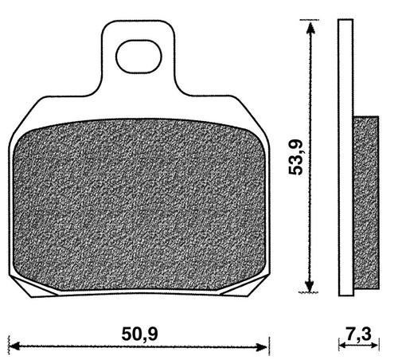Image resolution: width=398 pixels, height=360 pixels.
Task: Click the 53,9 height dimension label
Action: [295, 157]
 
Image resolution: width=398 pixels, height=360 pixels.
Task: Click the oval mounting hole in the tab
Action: [139, 57]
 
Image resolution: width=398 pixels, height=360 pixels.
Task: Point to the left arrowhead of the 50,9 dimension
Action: [14, 346]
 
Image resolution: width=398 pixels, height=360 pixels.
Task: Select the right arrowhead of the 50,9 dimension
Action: [262, 346]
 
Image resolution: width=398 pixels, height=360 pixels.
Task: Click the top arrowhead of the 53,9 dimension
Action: [310, 28]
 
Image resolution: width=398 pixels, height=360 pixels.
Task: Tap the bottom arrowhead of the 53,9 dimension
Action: [309, 286]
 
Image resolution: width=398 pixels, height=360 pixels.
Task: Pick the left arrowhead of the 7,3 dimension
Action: [343, 346]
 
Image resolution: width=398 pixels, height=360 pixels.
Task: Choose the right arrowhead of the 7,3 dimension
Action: [375, 346]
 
